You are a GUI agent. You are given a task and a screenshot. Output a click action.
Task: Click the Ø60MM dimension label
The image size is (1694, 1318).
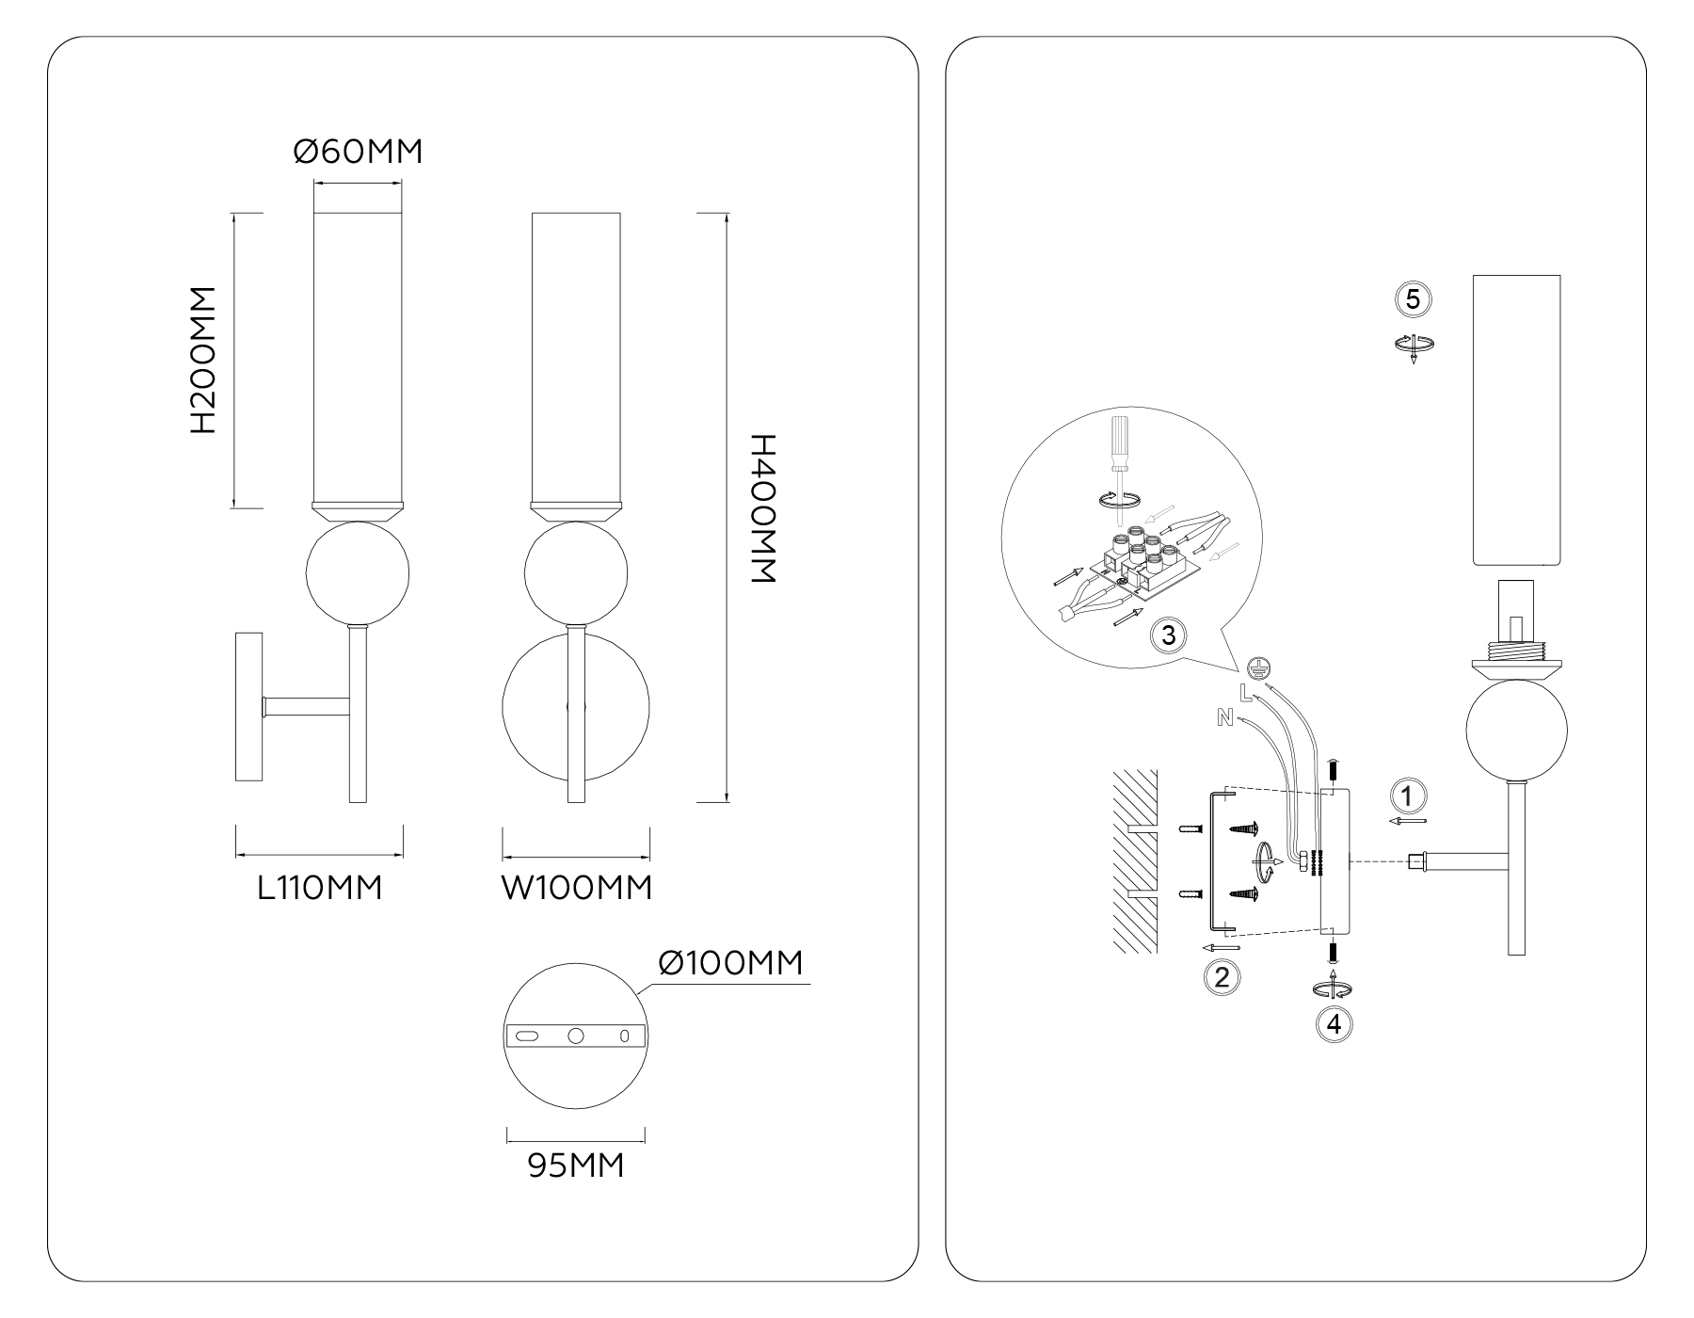tap(358, 152)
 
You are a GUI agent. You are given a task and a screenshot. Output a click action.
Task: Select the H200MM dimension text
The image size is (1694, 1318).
tap(203, 361)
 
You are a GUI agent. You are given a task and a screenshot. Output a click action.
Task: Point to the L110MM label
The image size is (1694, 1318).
tap(320, 888)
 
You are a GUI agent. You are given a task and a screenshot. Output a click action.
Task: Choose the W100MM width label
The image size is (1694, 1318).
tap(576, 888)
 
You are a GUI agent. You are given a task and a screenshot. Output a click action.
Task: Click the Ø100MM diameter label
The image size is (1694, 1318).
tap(731, 963)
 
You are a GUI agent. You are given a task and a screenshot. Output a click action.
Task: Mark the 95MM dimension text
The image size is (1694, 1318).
tap(575, 1165)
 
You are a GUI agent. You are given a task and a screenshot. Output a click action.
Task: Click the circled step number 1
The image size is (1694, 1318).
tap(1407, 796)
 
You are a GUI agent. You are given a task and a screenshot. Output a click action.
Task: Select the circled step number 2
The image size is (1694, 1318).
tap(1222, 976)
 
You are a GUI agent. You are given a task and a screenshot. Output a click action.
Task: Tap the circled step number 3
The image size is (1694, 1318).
tap(1168, 635)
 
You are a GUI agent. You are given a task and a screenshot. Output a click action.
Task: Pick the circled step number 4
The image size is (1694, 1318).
tap(1334, 1023)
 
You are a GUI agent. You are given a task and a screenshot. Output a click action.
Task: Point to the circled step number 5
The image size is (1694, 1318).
tap(1413, 299)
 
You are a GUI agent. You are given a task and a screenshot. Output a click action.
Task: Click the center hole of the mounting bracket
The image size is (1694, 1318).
tap(576, 1036)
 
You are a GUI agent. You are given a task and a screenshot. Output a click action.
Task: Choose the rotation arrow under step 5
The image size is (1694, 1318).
tap(1414, 346)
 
